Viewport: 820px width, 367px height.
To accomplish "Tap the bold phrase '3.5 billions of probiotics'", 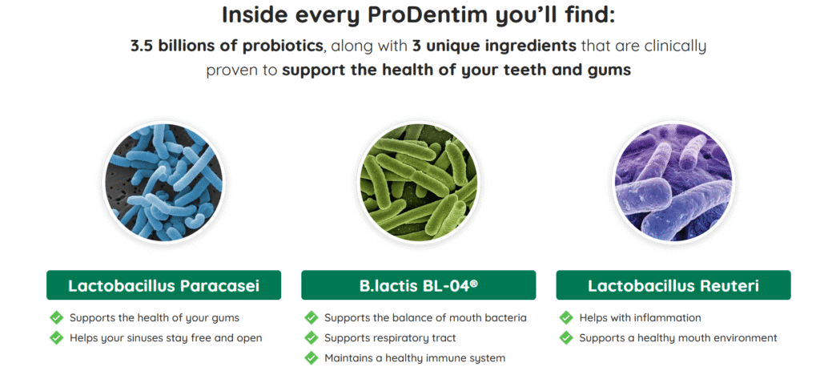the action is point(227,46).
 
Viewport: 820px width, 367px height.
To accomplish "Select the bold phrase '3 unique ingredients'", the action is point(493,46).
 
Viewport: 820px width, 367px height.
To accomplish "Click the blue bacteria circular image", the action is point(163,183).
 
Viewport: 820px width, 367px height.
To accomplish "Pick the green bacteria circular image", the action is point(418,183).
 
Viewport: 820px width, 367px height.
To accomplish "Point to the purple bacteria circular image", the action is point(673,183).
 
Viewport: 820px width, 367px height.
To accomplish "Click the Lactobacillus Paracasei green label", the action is point(163,285).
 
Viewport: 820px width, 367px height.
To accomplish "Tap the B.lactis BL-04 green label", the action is point(418,285).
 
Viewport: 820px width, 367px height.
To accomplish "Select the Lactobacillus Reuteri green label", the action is point(673,285).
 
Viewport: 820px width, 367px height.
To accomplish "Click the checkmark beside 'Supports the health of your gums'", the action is point(57,318).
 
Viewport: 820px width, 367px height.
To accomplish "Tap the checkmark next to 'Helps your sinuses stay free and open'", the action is point(57,337).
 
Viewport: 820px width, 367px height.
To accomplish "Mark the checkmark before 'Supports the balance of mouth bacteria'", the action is point(312,318).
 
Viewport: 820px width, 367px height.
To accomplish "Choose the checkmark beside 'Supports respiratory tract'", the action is point(312,337).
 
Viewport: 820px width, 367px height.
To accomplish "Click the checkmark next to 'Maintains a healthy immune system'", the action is point(312,358).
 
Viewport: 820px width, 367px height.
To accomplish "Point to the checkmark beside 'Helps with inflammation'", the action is point(566,318).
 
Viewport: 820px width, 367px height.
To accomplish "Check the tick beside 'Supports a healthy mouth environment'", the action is point(566,337).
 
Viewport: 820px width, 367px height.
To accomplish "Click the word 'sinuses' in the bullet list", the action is point(136,338).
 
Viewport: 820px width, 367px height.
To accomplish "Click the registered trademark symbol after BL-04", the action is point(474,283).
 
